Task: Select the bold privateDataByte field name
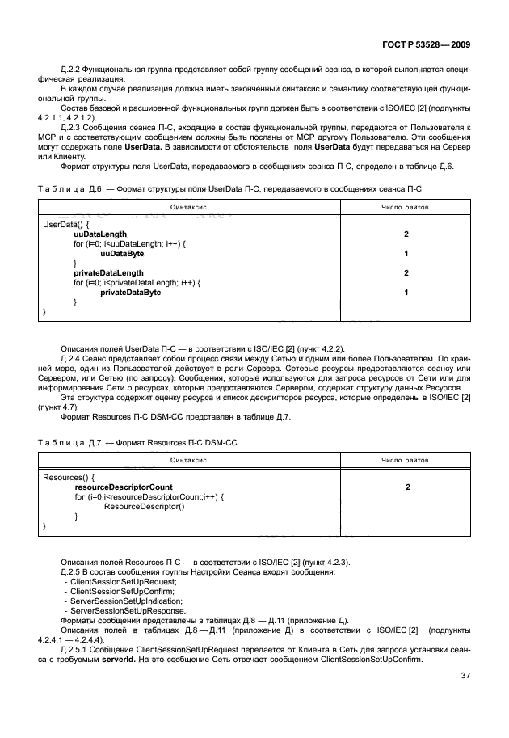coord(130,293)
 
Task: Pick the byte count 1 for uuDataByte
coord(405,253)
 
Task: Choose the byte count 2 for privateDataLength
coord(405,273)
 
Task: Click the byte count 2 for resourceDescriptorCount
coord(405,487)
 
